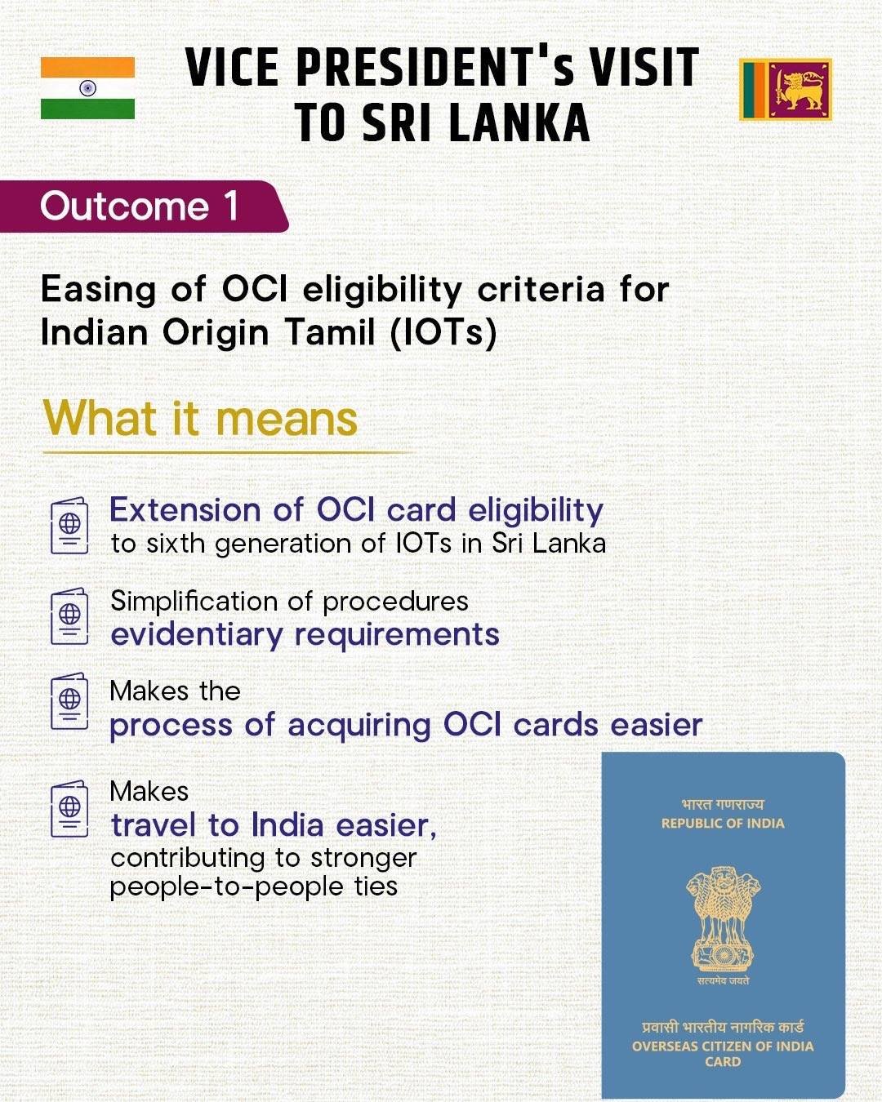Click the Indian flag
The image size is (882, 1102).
87,88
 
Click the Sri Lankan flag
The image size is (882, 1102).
786,89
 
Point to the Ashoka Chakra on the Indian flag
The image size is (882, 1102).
87,88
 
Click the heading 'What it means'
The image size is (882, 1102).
200,419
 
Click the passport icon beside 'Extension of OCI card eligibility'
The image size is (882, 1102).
69,526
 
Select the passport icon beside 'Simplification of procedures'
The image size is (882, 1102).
69,616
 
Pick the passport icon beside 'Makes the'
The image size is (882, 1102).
69,701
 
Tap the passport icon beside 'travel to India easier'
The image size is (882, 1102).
69,809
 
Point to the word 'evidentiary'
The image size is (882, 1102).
196,635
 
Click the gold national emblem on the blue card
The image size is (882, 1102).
723,918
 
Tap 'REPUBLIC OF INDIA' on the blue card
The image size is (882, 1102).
723,823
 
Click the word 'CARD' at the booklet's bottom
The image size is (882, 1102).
723,1062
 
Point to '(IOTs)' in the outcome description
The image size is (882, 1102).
443,333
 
